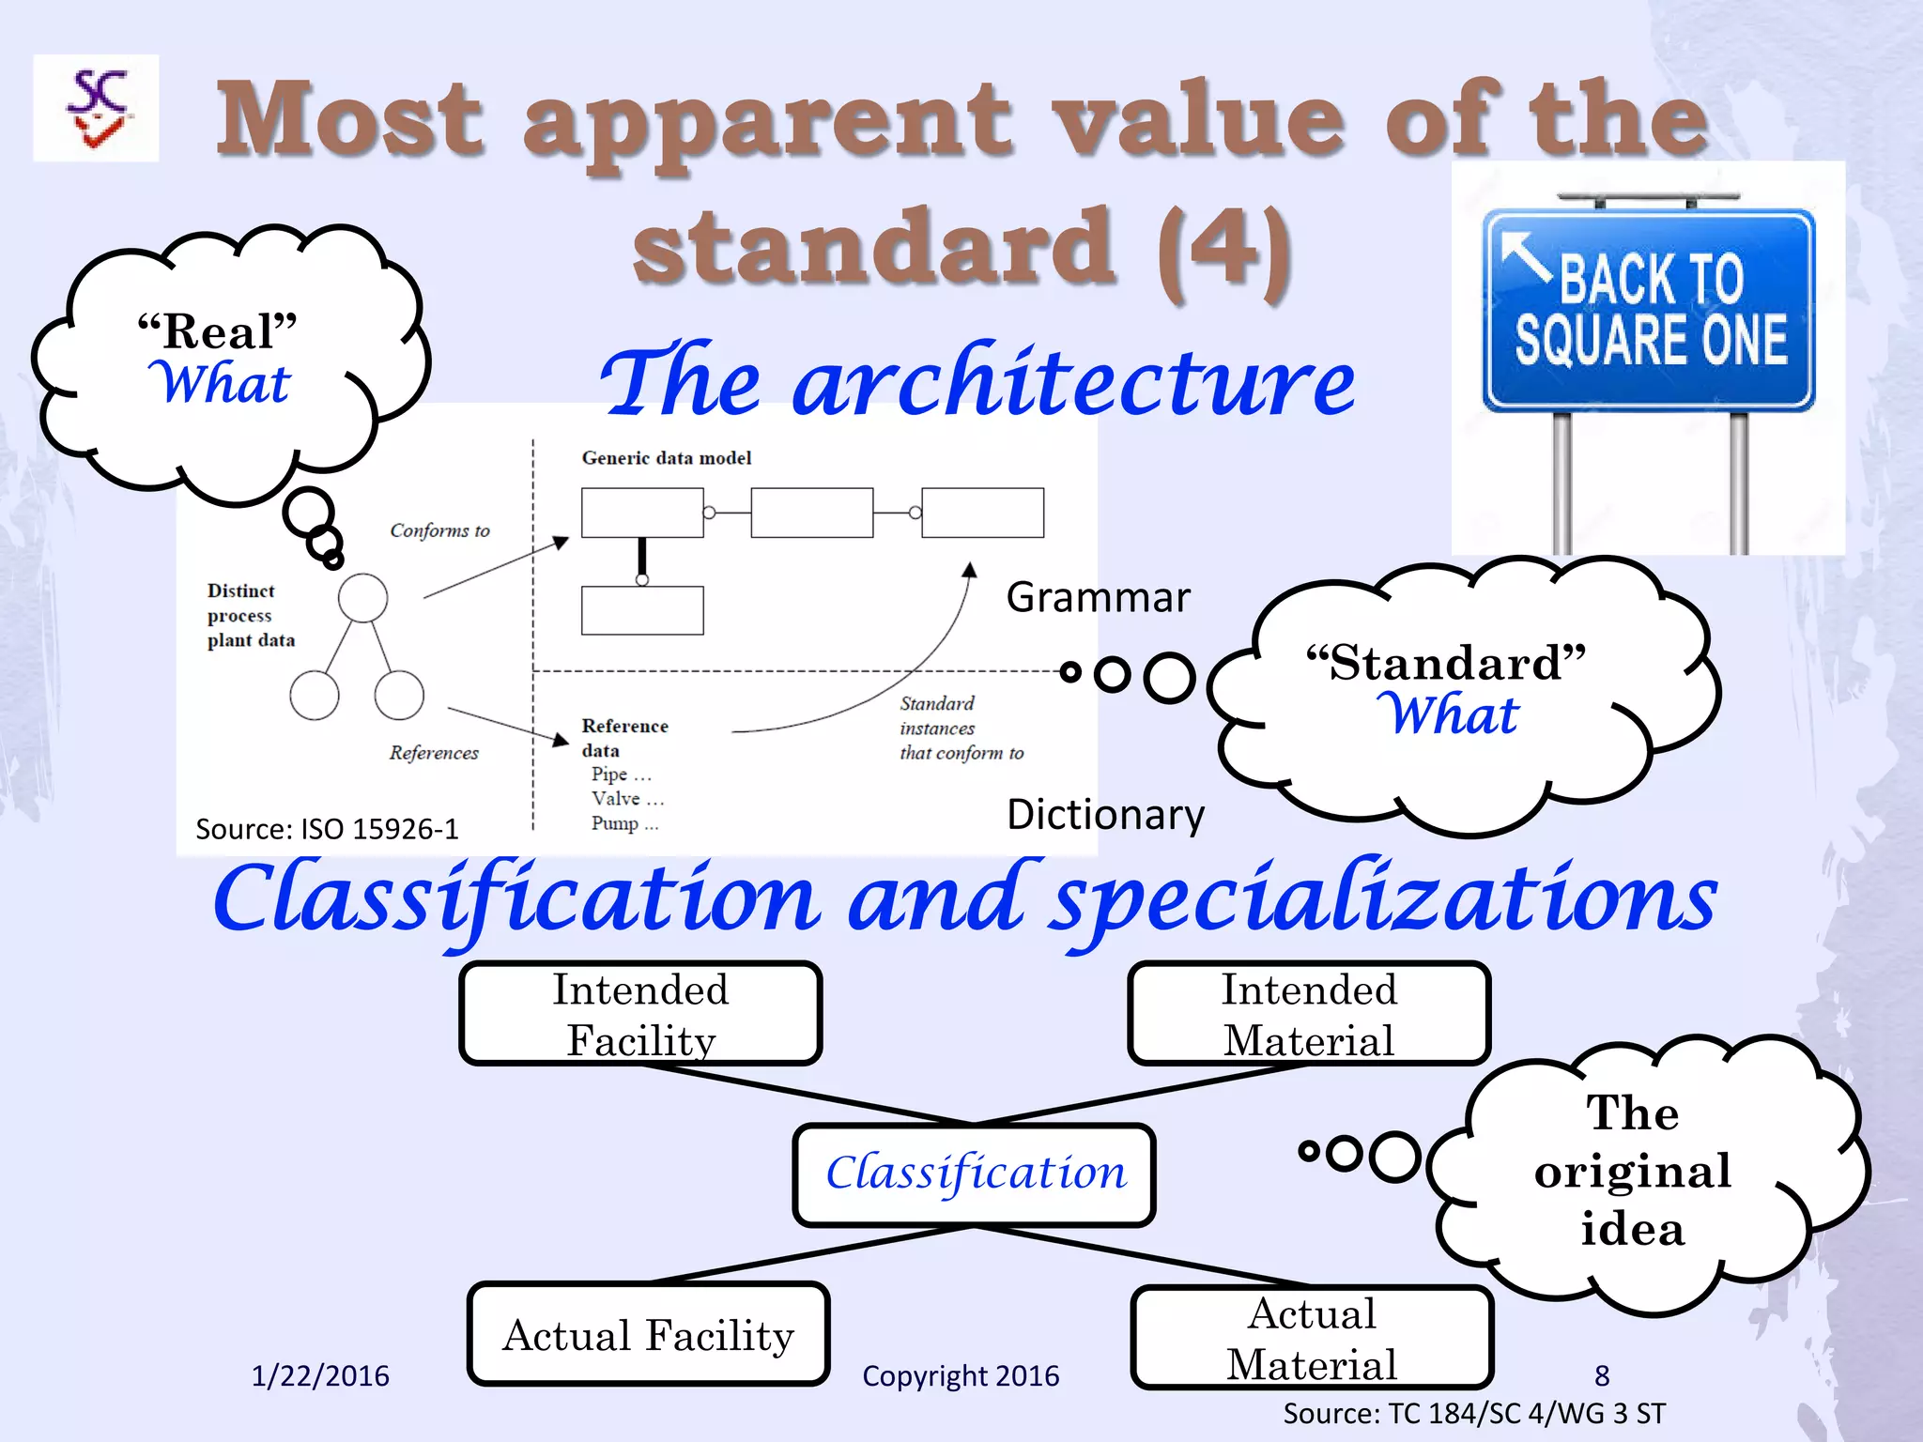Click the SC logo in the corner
(96, 108)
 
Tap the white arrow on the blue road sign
(1525, 255)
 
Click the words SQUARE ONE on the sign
(1651, 340)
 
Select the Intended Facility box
(640, 1014)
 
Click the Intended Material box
(1309, 1014)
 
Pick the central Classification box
(975, 1174)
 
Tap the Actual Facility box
(648, 1334)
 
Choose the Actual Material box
(1312, 1338)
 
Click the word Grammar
(1098, 597)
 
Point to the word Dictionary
(1105, 814)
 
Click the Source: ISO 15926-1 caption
(327, 829)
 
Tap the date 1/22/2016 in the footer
(320, 1375)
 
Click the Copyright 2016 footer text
(960, 1375)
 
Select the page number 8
(1602, 1375)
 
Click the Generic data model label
(667, 458)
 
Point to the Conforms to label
(439, 530)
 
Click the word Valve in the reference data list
(615, 798)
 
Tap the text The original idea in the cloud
(1632, 1171)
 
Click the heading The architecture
(977, 381)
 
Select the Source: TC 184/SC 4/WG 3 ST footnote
(1474, 1413)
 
